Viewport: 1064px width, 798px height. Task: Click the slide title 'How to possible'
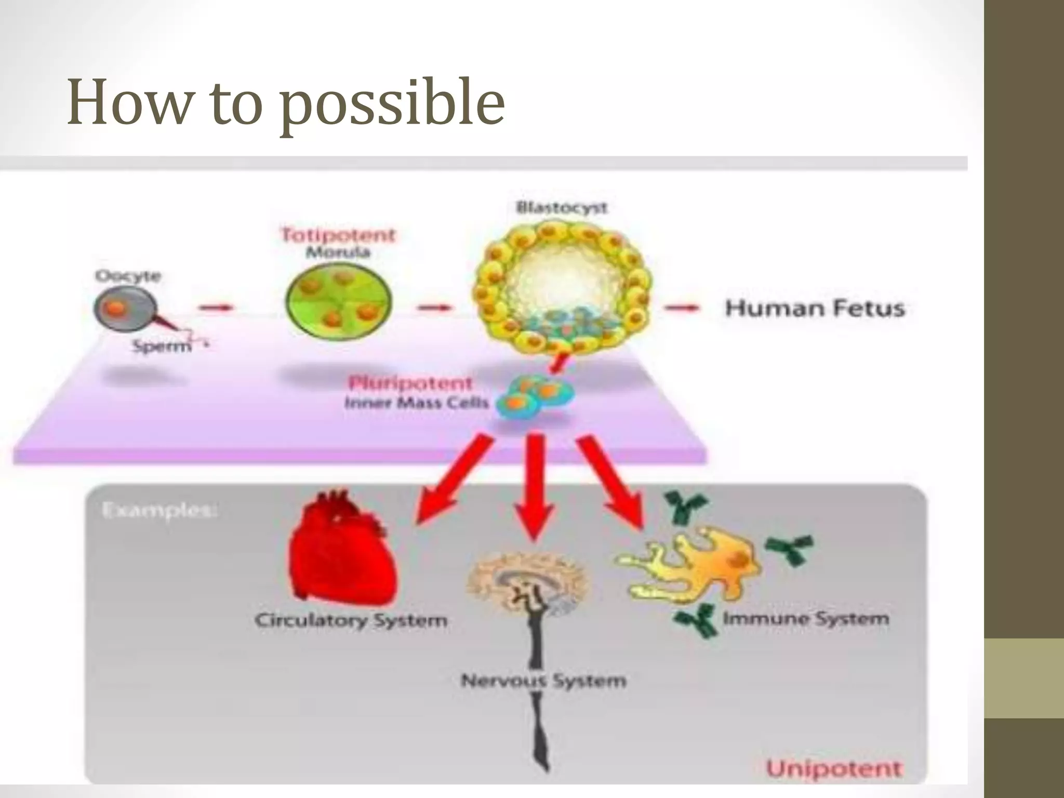tap(286, 102)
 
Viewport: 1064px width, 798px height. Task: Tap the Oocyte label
tap(128, 275)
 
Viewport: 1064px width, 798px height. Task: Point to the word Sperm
tap(162, 345)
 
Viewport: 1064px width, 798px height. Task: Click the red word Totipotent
tap(338, 235)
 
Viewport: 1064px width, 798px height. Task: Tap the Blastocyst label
tap(562, 208)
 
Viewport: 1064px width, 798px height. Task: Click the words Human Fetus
tap(815, 309)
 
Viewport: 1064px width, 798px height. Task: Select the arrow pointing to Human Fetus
tap(683, 309)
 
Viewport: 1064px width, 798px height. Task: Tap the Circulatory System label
tap(351, 620)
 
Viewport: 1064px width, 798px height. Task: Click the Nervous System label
tap(543, 681)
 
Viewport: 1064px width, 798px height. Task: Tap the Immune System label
tap(806, 619)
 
